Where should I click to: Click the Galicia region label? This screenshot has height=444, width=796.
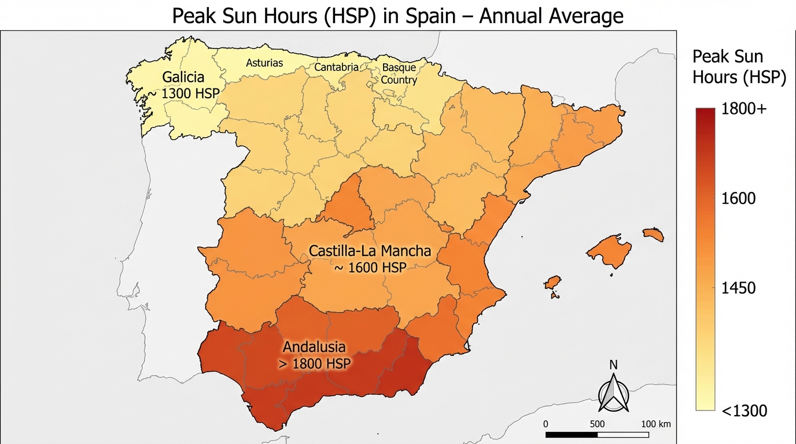(x=183, y=77)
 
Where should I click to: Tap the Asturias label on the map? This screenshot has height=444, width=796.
(x=264, y=62)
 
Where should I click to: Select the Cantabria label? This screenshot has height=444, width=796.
(x=336, y=67)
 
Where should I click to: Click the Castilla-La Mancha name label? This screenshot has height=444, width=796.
(x=370, y=251)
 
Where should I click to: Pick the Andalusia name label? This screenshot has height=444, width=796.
(x=314, y=347)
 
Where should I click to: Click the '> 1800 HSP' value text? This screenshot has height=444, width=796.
(x=316, y=364)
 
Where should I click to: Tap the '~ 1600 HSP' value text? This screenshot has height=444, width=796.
(x=370, y=268)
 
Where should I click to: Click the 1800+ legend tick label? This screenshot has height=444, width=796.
(x=744, y=110)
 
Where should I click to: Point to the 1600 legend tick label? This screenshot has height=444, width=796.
(x=739, y=199)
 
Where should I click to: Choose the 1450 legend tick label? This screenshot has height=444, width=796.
(x=739, y=288)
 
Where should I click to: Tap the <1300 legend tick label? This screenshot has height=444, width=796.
(x=744, y=411)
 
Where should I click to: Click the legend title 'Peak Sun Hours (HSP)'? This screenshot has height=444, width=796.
(x=739, y=67)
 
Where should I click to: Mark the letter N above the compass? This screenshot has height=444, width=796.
(x=614, y=365)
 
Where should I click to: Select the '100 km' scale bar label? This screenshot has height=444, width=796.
(x=656, y=424)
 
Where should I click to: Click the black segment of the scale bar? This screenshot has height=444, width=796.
(x=571, y=434)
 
